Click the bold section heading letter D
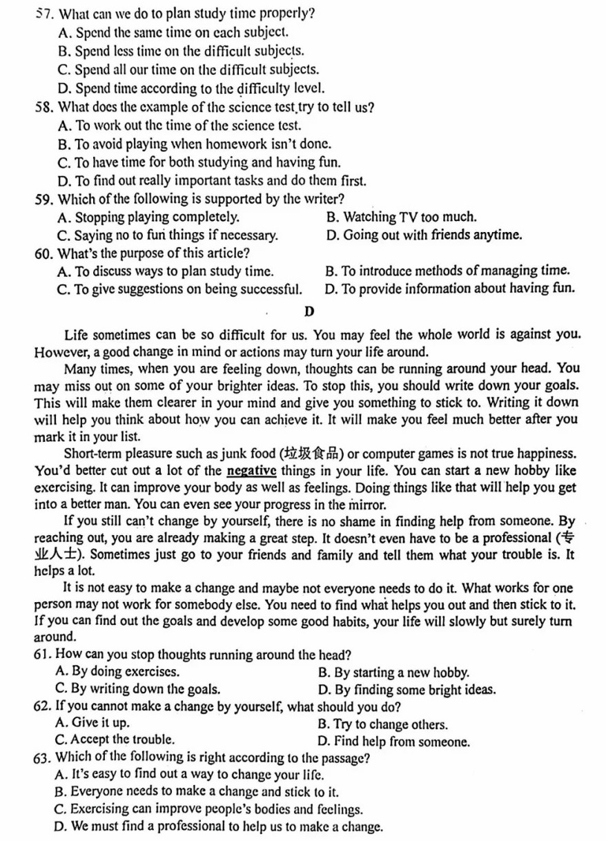pyautogui.click(x=309, y=312)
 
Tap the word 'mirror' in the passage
pyautogui.click(x=365, y=505)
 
